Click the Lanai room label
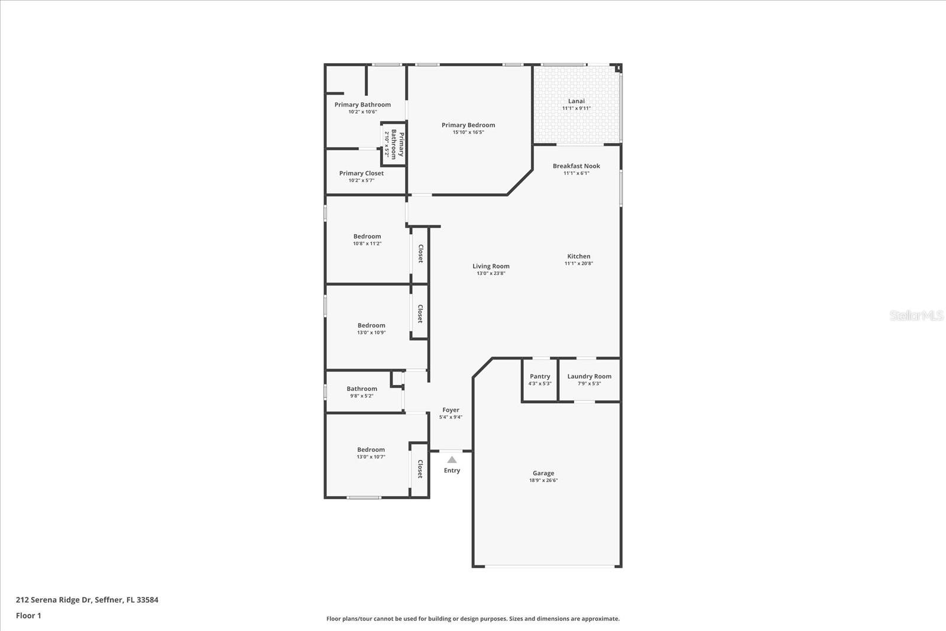click(576, 101)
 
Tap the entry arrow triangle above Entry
click(452, 460)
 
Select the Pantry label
click(540, 376)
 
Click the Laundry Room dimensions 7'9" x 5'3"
click(589, 384)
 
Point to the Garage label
click(543, 473)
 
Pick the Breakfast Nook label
click(576, 166)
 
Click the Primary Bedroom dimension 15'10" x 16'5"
click(468, 132)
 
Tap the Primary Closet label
click(361, 173)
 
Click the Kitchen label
click(578, 256)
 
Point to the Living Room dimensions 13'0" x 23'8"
click(491, 274)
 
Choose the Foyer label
click(451, 410)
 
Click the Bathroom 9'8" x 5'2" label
click(361, 389)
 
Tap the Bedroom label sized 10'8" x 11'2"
click(367, 237)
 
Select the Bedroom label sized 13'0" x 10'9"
click(371, 325)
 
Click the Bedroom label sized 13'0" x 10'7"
click(371, 449)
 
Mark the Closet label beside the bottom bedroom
click(420, 469)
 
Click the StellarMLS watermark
click(916, 316)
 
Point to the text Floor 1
click(28, 616)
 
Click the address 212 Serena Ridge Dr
click(53, 600)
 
